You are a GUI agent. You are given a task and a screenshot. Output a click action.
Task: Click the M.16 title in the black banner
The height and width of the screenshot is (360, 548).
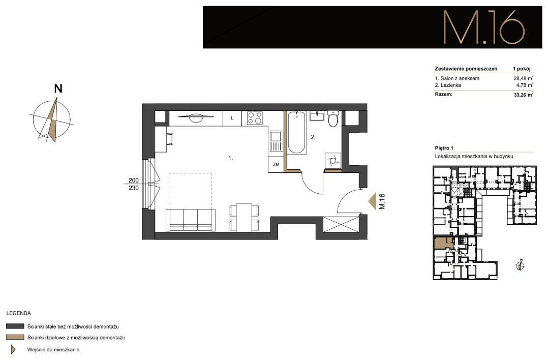[484, 27]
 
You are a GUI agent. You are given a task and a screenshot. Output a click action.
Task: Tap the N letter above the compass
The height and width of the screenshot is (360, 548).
[58, 89]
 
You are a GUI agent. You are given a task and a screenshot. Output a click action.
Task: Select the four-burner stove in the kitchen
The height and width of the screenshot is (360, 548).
[254, 118]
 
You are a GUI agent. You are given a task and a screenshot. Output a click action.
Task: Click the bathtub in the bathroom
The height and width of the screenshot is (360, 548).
[297, 133]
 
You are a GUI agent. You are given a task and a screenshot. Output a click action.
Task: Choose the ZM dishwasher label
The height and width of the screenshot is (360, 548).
[276, 164]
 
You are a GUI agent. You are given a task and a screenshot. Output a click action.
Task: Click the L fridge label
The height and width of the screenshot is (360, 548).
[232, 118]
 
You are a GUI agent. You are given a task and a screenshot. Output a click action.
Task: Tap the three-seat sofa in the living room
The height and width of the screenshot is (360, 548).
[191, 220]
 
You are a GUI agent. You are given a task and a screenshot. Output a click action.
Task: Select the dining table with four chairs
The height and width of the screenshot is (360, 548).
[244, 218]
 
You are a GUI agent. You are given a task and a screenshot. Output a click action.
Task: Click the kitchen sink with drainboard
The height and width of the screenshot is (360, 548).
[276, 141]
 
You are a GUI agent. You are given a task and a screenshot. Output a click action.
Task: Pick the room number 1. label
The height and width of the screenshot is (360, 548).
[231, 158]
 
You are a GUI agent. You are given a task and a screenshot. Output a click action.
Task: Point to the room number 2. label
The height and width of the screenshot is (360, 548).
[313, 137]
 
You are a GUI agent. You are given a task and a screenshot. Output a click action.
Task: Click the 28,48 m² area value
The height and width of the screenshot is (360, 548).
[521, 78]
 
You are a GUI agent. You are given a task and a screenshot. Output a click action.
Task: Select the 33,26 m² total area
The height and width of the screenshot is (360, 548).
[523, 95]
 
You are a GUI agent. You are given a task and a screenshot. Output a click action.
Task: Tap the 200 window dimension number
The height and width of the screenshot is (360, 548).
[134, 181]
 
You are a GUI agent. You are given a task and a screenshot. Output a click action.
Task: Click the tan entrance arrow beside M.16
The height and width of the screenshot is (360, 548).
[373, 201]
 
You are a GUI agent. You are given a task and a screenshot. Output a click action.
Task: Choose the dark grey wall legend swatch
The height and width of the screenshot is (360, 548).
[15, 326]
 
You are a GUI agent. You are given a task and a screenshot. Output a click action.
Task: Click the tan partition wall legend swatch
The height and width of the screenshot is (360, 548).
[15, 337]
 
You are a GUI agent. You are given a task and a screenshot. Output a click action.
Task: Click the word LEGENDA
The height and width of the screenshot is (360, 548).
[18, 313]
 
